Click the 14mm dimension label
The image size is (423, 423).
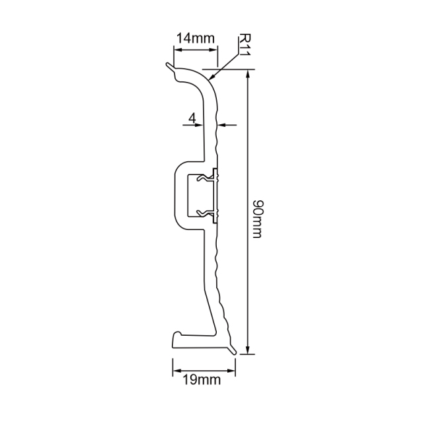click(194, 38)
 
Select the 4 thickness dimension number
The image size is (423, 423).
click(192, 118)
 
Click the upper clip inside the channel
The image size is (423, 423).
click(211, 177)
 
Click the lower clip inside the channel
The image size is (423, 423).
click(211, 213)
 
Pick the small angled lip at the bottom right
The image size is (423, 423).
click(232, 347)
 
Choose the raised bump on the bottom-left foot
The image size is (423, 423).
click(176, 336)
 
